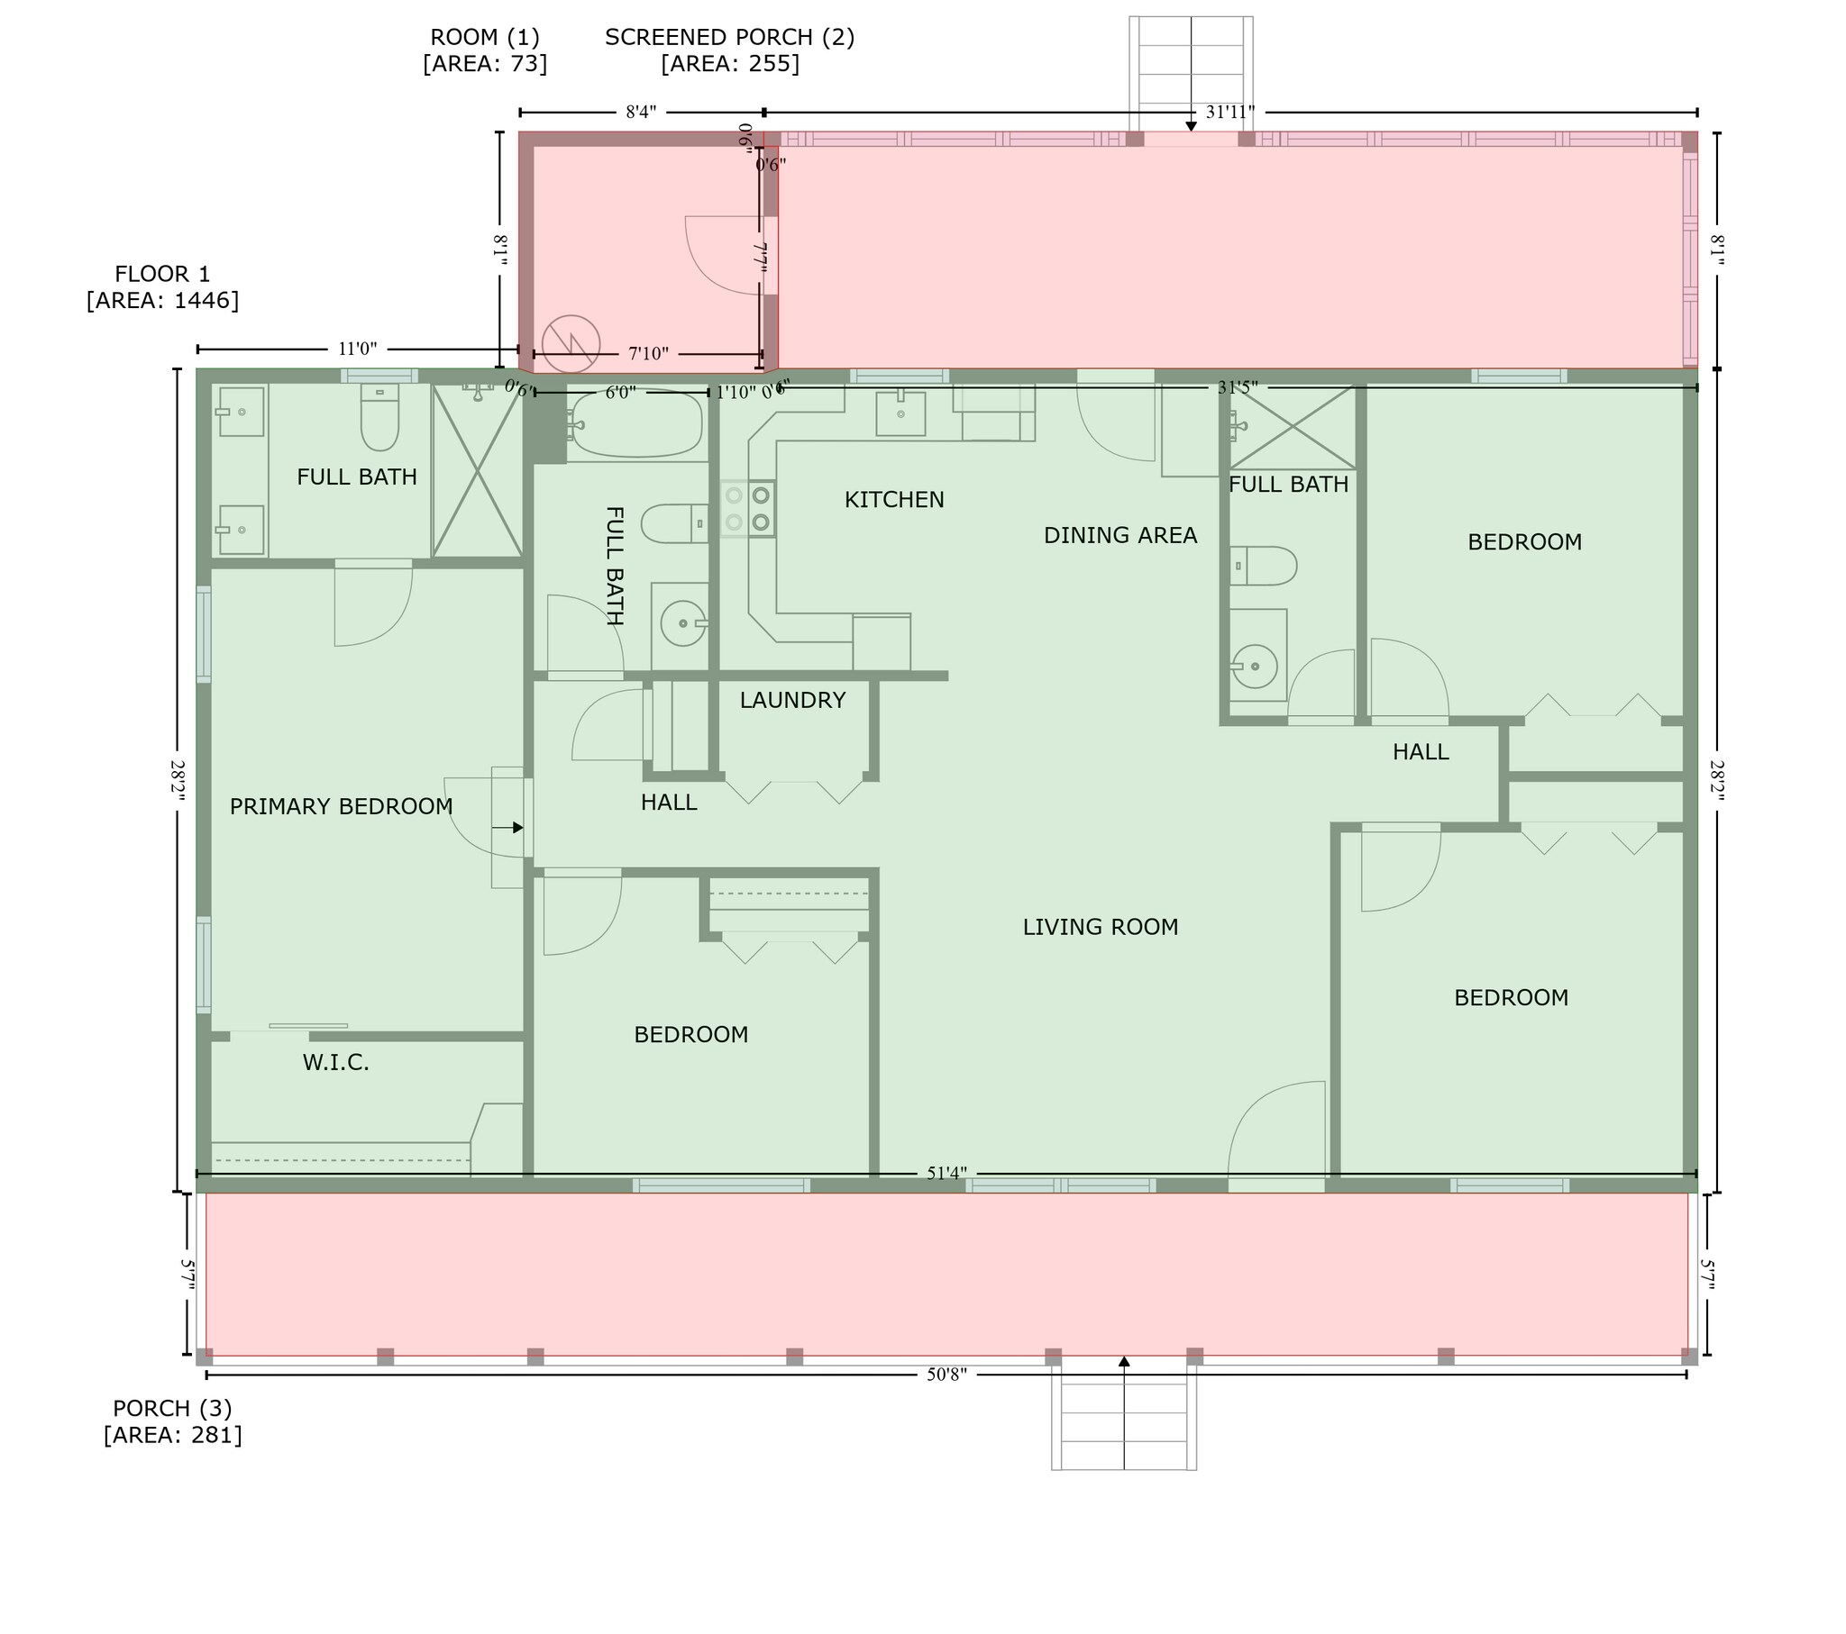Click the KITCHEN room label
pyautogui.click(x=894, y=499)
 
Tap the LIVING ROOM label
pyautogui.click(x=1100, y=927)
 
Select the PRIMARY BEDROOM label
pyautogui.click(x=342, y=806)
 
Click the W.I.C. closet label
pyautogui.click(x=336, y=1063)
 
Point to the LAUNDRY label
pyautogui.click(x=792, y=700)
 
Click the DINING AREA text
pyautogui.click(x=1119, y=535)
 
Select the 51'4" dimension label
pyautogui.click(x=946, y=1174)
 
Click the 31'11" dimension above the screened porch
pyautogui.click(x=1230, y=113)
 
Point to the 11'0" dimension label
pyautogui.click(x=358, y=349)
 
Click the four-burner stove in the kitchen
pyautogui.click(x=748, y=508)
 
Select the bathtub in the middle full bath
pyautogui.click(x=636, y=424)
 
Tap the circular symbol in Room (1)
pyautogui.click(x=571, y=343)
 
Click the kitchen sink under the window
pyautogui.click(x=900, y=413)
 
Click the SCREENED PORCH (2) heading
pyautogui.click(x=730, y=37)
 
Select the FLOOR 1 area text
pyautogui.click(x=162, y=287)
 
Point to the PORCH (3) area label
pyautogui.click(x=172, y=1421)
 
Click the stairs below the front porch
pyautogui.click(x=1123, y=1417)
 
